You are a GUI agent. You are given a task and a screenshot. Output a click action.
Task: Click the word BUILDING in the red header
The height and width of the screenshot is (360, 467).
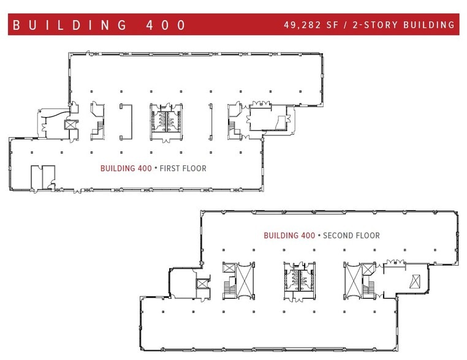coord(69,25)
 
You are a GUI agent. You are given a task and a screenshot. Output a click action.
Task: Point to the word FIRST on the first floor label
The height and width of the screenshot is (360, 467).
coord(172,168)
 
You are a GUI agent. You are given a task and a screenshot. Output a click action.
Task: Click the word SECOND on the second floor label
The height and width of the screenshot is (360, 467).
coord(337,236)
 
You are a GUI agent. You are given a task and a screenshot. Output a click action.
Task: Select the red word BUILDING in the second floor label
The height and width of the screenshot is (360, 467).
coord(281,236)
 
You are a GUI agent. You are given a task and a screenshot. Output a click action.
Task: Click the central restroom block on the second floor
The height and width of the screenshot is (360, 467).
coord(297,280)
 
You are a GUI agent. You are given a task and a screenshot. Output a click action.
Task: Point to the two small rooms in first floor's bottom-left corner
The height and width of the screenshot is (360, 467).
coord(43,176)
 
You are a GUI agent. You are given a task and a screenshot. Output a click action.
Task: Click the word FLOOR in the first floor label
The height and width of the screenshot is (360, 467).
coord(194,168)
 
